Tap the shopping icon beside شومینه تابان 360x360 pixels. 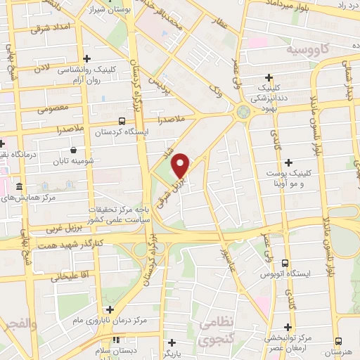click(x=74, y=149)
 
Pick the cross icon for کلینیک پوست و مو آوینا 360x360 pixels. click(x=288, y=162)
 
